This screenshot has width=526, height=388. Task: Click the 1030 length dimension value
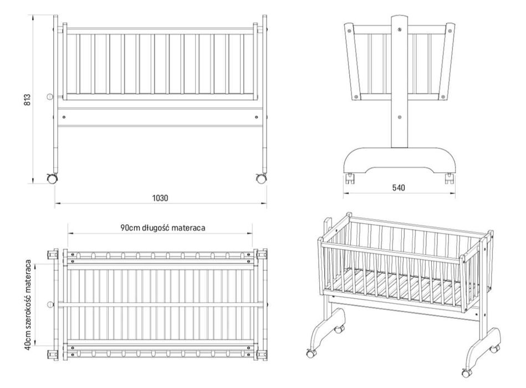click(160, 198)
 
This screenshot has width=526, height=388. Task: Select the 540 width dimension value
click(398, 188)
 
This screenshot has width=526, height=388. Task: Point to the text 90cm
click(131, 228)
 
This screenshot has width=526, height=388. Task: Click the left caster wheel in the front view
click(52, 178)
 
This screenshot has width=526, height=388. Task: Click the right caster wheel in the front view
click(261, 178)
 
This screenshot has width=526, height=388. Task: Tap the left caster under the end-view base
click(350, 178)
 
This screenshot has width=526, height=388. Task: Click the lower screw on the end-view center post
click(400, 117)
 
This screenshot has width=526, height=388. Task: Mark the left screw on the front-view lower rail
click(64, 117)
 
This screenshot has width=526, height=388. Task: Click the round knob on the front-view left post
click(50, 97)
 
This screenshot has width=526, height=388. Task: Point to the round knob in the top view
click(50, 304)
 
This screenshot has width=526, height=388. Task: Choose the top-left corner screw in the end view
click(350, 31)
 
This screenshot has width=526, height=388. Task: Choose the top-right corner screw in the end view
click(450, 31)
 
